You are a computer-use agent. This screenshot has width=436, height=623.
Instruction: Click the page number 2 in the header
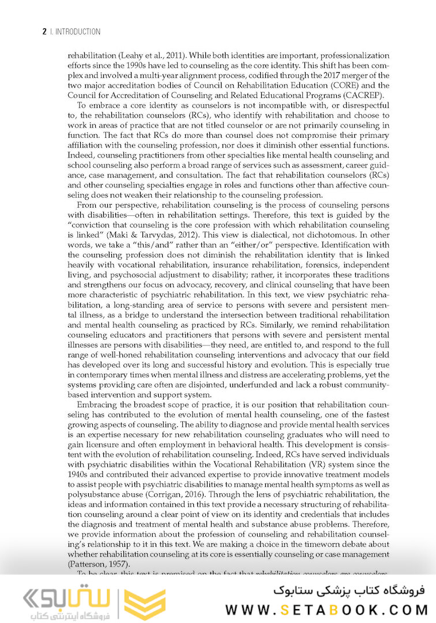coord(44,32)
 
